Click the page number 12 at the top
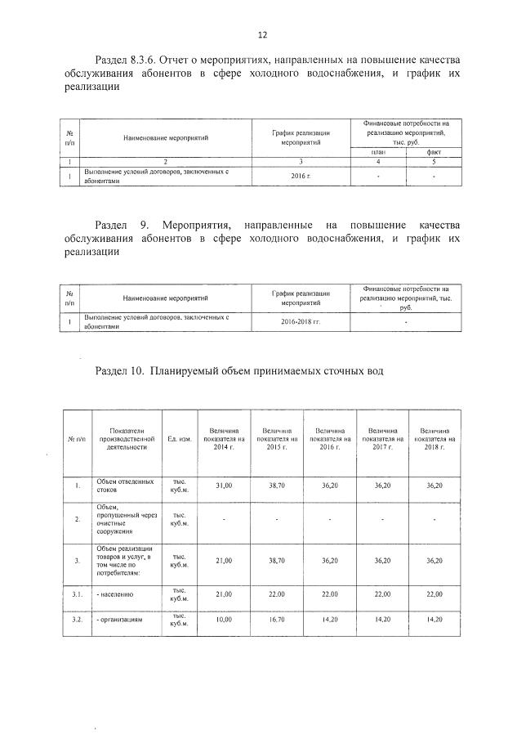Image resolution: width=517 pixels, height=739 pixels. click(261, 35)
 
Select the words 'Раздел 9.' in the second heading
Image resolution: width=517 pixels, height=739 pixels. click(122, 224)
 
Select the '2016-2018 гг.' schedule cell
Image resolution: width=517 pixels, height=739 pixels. click(301, 322)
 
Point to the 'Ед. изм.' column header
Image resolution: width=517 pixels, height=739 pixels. click(179, 439)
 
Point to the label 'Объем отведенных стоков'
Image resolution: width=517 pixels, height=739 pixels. click(124, 486)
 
